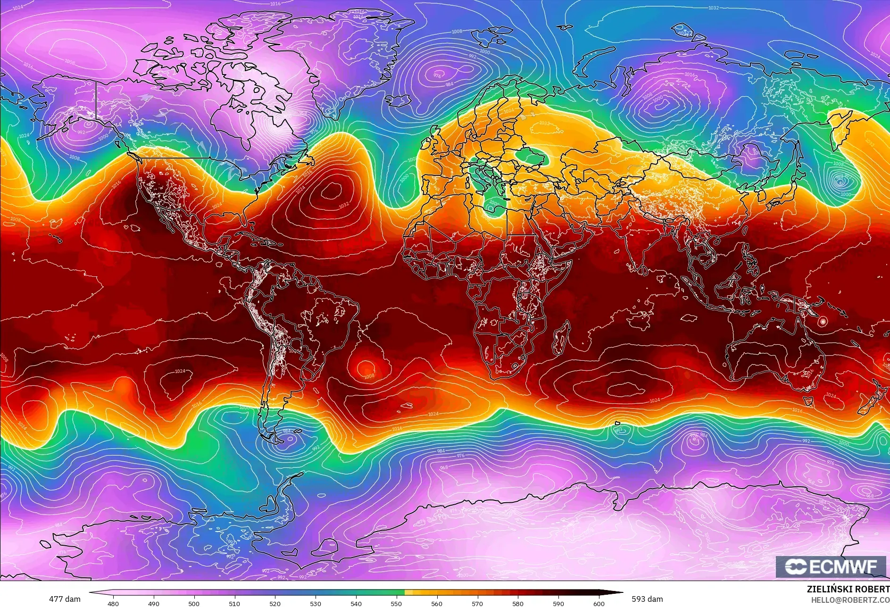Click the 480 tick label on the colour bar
click(113, 603)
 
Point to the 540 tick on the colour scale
click(356, 603)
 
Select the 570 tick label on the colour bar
click(477, 603)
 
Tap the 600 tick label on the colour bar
click(599, 603)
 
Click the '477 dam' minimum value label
click(65, 599)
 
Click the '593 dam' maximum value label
click(647, 599)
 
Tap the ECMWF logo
click(831, 567)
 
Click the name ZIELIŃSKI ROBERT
click(848, 589)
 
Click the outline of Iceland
click(399, 100)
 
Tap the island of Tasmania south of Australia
click(808, 401)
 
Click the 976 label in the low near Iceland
click(438, 75)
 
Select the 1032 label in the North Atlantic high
click(343, 205)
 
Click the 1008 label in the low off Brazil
click(369, 376)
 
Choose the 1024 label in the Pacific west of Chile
click(180, 371)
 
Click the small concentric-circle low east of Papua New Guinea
click(823, 321)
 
